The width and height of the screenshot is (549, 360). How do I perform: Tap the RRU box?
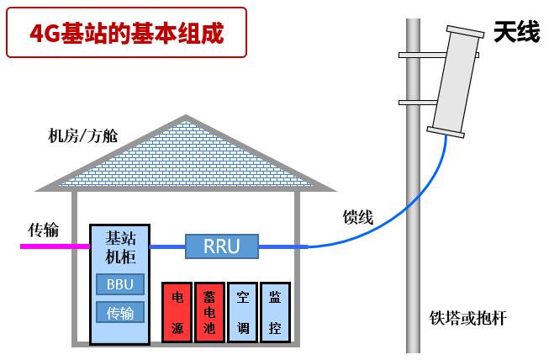coord(222,246)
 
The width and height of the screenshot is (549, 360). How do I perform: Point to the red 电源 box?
coord(177,311)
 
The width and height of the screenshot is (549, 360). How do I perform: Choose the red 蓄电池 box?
coord(209,311)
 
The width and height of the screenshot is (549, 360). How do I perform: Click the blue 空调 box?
coord(242,311)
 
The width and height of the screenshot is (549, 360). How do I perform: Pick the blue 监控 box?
coord(274,311)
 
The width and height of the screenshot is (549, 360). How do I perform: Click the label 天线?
coord(516,34)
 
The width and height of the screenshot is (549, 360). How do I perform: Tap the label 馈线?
coord(357,216)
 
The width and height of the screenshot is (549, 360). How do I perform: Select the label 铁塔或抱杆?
coord(467,318)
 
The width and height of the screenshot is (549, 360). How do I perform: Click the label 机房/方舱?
coord(83,135)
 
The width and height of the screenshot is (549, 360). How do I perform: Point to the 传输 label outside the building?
coord(44,229)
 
